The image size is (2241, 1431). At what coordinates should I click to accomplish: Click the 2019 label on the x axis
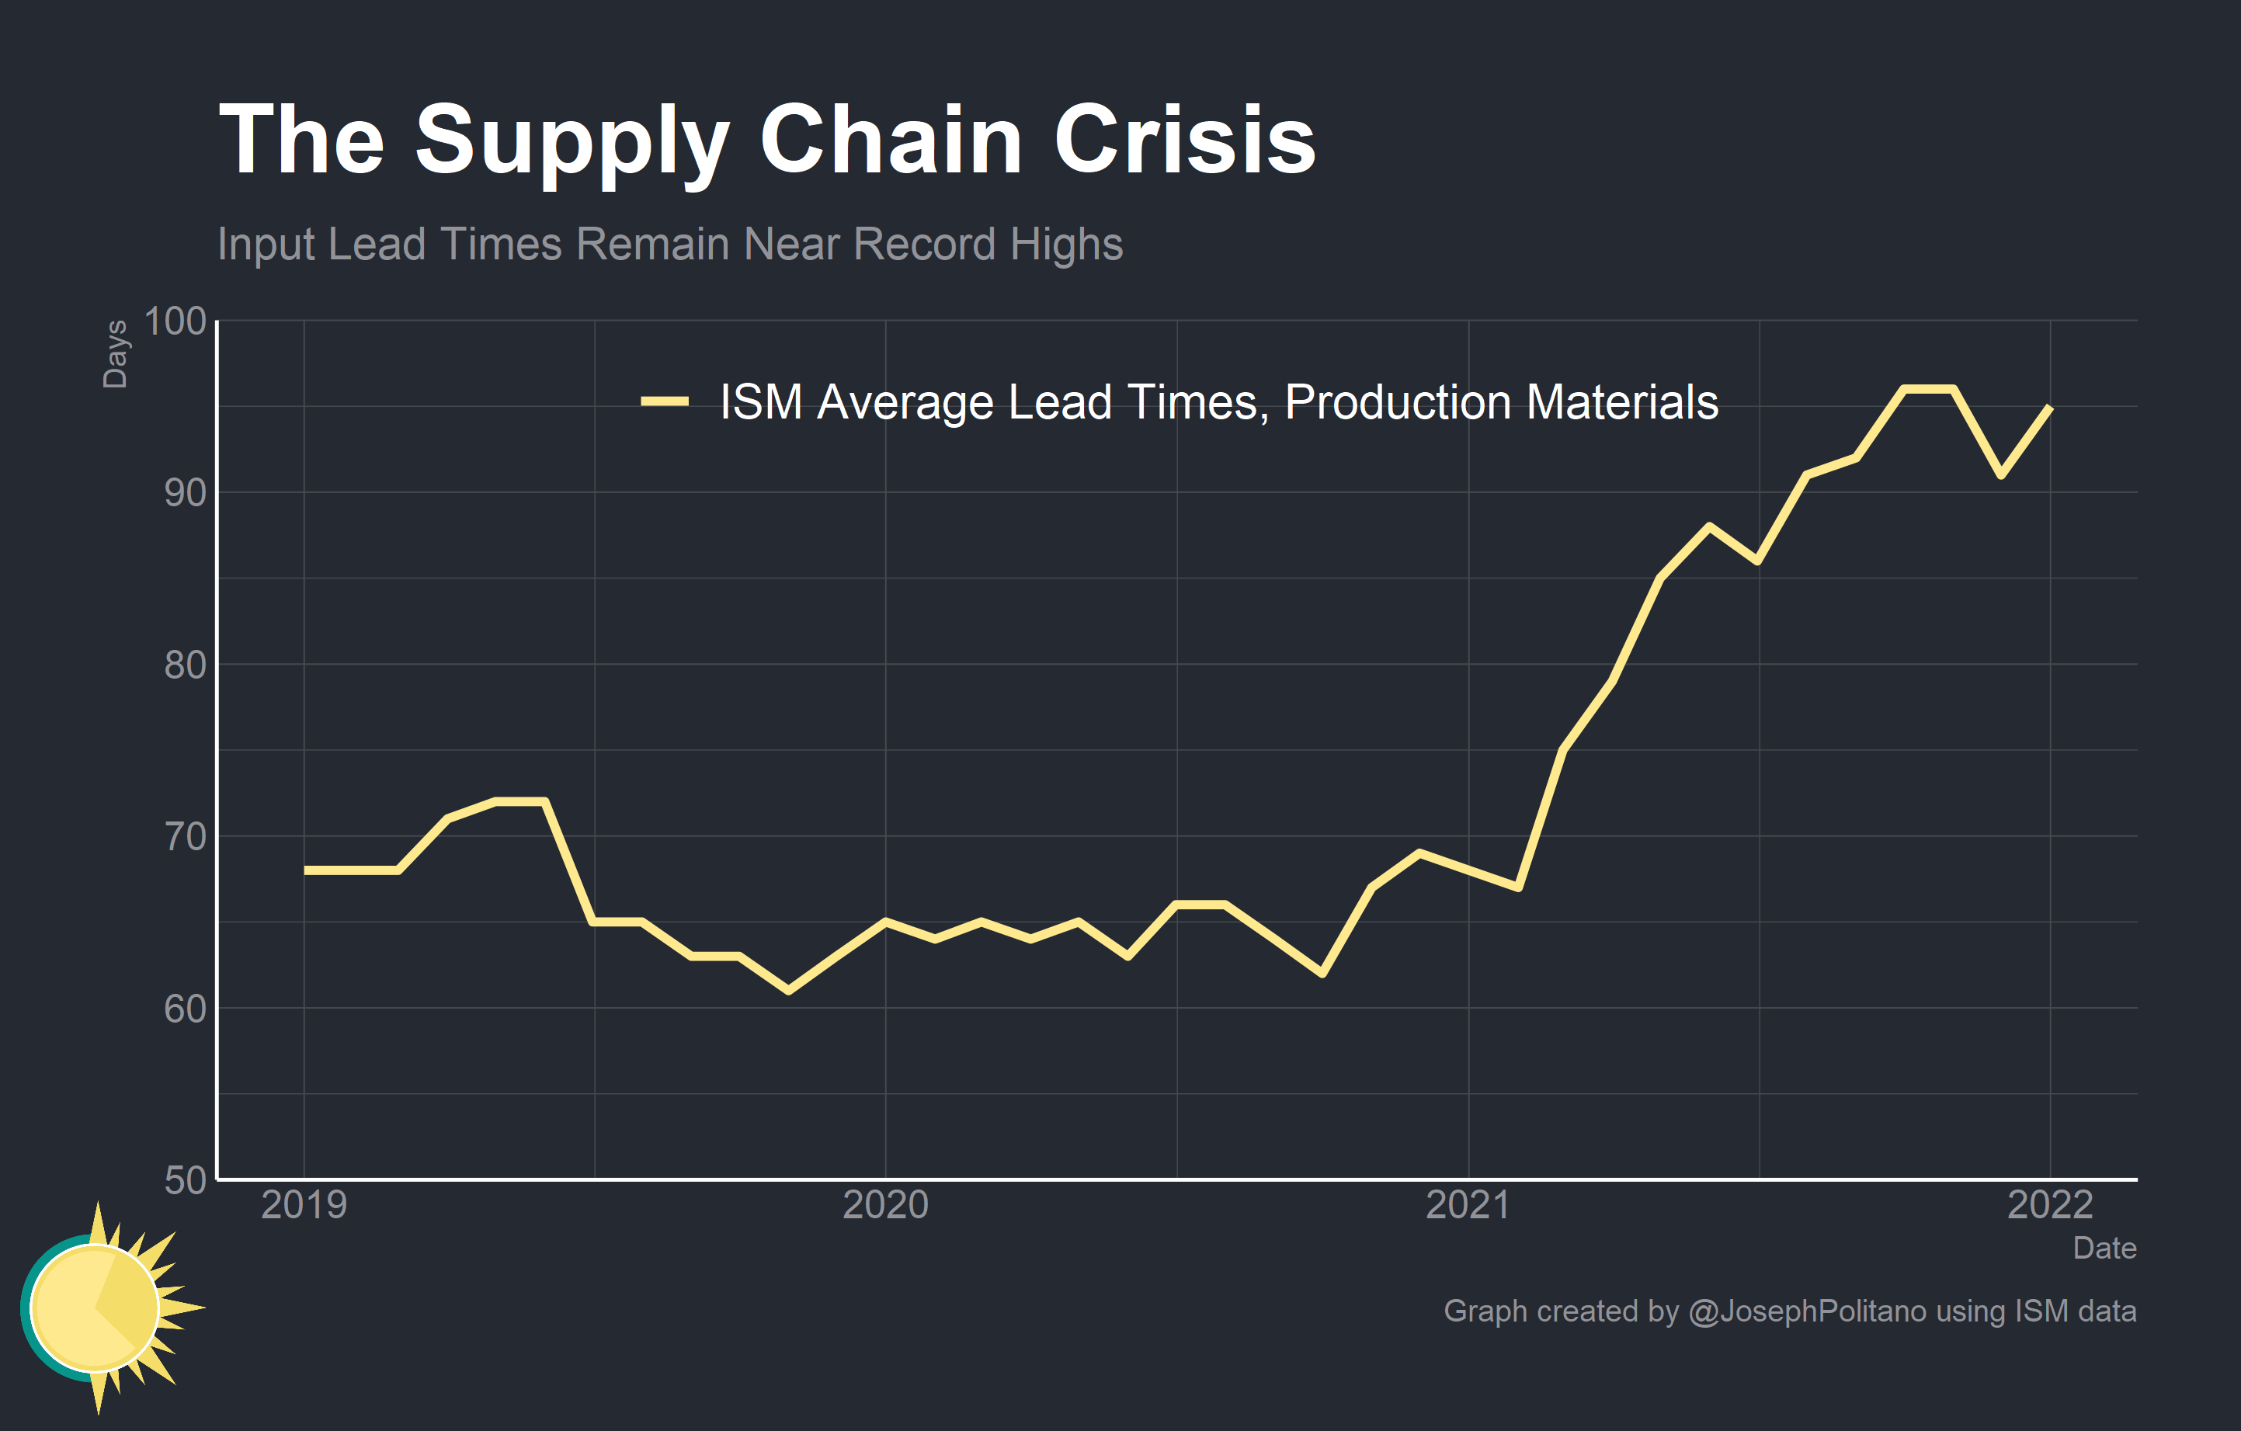[304, 1205]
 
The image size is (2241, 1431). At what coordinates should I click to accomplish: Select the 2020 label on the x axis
[885, 1205]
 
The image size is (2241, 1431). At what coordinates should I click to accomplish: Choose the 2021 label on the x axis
[1468, 1205]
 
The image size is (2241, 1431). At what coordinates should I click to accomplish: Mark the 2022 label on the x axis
[2049, 1205]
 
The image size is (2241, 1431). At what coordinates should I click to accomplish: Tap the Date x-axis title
[2104, 1248]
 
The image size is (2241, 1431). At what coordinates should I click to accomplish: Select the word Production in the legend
[1397, 402]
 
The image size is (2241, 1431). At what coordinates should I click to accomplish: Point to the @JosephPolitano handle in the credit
[1806, 1311]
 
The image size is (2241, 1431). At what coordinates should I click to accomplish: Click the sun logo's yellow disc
[94, 1308]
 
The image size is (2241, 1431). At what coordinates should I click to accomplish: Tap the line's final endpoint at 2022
[2049, 408]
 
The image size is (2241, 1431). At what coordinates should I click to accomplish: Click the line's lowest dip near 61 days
[788, 991]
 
